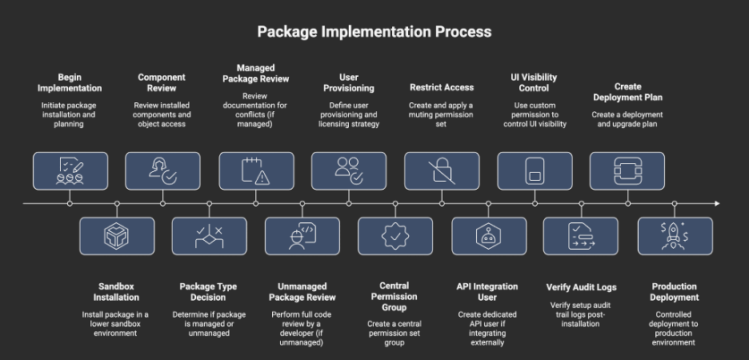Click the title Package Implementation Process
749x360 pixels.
(374, 32)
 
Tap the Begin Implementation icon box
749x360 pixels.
(70, 170)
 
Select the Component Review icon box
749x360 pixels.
(163, 170)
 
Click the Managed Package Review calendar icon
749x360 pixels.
(256, 170)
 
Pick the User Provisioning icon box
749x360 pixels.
(349, 170)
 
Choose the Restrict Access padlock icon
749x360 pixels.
(442, 170)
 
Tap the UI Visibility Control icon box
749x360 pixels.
(535, 170)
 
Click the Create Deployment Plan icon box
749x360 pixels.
(627, 170)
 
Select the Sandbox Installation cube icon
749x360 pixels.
(117, 235)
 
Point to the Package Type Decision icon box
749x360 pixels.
(210, 235)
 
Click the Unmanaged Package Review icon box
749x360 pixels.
(302, 235)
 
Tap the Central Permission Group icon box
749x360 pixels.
(395, 235)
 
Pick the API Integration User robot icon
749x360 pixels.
(488, 235)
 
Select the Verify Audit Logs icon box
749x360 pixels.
(581, 235)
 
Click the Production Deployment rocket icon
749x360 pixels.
(675, 235)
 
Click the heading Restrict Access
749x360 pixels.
(442, 87)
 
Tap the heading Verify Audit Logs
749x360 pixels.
(581, 287)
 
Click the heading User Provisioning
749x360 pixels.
(349, 82)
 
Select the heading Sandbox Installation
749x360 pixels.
(117, 291)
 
